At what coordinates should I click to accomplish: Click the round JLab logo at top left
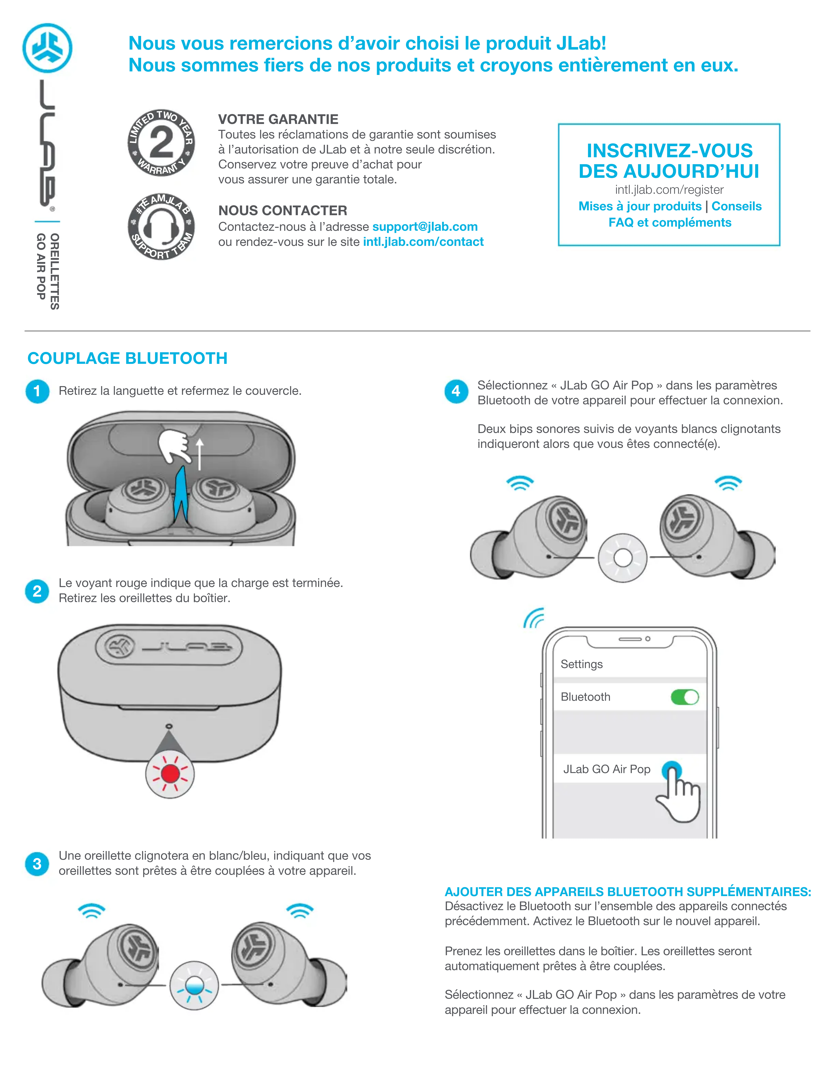(48, 48)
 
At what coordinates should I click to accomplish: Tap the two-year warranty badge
(161, 143)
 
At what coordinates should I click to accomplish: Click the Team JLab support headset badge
(161, 227)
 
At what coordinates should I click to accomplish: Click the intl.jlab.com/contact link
(423, 242)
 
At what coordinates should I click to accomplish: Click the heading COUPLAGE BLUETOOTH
(127, 358)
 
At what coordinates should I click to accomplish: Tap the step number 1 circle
(37, 391)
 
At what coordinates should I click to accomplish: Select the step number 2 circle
(37, 591)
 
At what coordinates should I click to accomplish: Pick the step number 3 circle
(37, 864)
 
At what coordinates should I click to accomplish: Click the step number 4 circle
(456, 391)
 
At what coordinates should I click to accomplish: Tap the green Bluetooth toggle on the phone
(685, 697)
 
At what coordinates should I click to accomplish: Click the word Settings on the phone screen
(582, 664)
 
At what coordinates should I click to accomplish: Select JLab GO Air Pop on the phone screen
(607, 769)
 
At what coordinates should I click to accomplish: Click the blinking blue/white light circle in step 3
(194, 986)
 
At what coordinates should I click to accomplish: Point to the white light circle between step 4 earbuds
(623, 558)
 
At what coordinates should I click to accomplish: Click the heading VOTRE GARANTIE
(278, 119)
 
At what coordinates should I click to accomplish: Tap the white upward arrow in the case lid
(200, 454)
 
